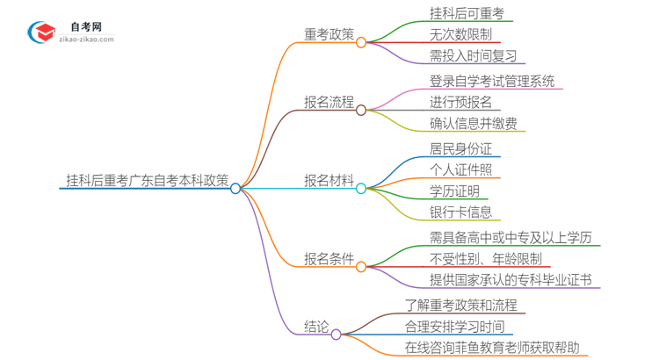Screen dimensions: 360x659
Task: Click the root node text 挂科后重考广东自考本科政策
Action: tap(147, 180)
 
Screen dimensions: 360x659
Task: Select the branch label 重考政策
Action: tap(329, 34)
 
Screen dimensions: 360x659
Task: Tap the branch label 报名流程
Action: tap(329, 103)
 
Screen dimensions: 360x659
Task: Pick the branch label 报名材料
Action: tap(329, 181)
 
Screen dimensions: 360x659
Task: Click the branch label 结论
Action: tap(317, 328)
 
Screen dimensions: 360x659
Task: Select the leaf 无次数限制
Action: tap(460, 34)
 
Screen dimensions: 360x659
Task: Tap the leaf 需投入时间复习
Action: tap(473, 56)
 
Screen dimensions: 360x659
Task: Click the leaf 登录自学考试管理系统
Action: tap(492, 82)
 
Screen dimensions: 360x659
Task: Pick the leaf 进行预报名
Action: tap(460, 103)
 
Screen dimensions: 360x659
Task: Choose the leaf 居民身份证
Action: tap(460, 148)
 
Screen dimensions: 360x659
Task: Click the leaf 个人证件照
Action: tap(460, 169)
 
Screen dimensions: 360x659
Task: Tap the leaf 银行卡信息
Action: tap(460, 212)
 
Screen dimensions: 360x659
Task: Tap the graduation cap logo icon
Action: tap(41, 32)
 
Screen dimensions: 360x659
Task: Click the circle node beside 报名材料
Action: tap(360, 188)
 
